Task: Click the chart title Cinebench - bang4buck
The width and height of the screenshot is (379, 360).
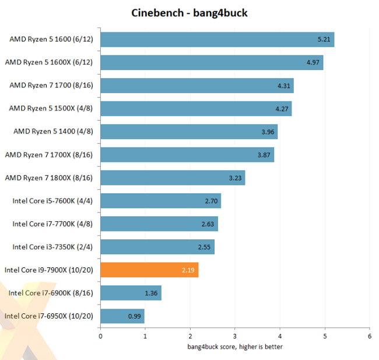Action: pos(189,13)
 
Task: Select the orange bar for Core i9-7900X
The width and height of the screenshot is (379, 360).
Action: pos(149,270)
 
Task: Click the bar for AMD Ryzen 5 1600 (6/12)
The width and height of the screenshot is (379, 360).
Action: pos(217,40)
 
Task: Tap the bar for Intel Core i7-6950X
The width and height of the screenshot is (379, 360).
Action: pos(122,316)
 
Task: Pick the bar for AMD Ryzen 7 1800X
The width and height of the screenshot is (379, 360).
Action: pos(173,178)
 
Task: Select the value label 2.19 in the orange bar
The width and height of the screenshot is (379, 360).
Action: pos(186,270)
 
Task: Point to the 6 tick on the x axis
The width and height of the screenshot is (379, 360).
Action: pos(369,336)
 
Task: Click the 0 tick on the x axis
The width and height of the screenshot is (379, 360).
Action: pos(101,336)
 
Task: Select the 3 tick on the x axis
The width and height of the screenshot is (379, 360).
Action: pos(235,336)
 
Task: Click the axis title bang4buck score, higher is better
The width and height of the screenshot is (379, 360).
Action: pos(235,347)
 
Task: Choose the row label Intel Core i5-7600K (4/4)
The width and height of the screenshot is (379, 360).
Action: pos(52,201)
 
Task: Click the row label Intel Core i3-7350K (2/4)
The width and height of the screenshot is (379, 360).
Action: pos(52,247)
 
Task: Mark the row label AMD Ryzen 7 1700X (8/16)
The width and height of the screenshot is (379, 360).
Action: pos(49,154)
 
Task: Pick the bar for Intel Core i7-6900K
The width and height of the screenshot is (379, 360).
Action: pos(131,293)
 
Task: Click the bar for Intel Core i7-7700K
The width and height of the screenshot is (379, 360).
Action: pos(159,224)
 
